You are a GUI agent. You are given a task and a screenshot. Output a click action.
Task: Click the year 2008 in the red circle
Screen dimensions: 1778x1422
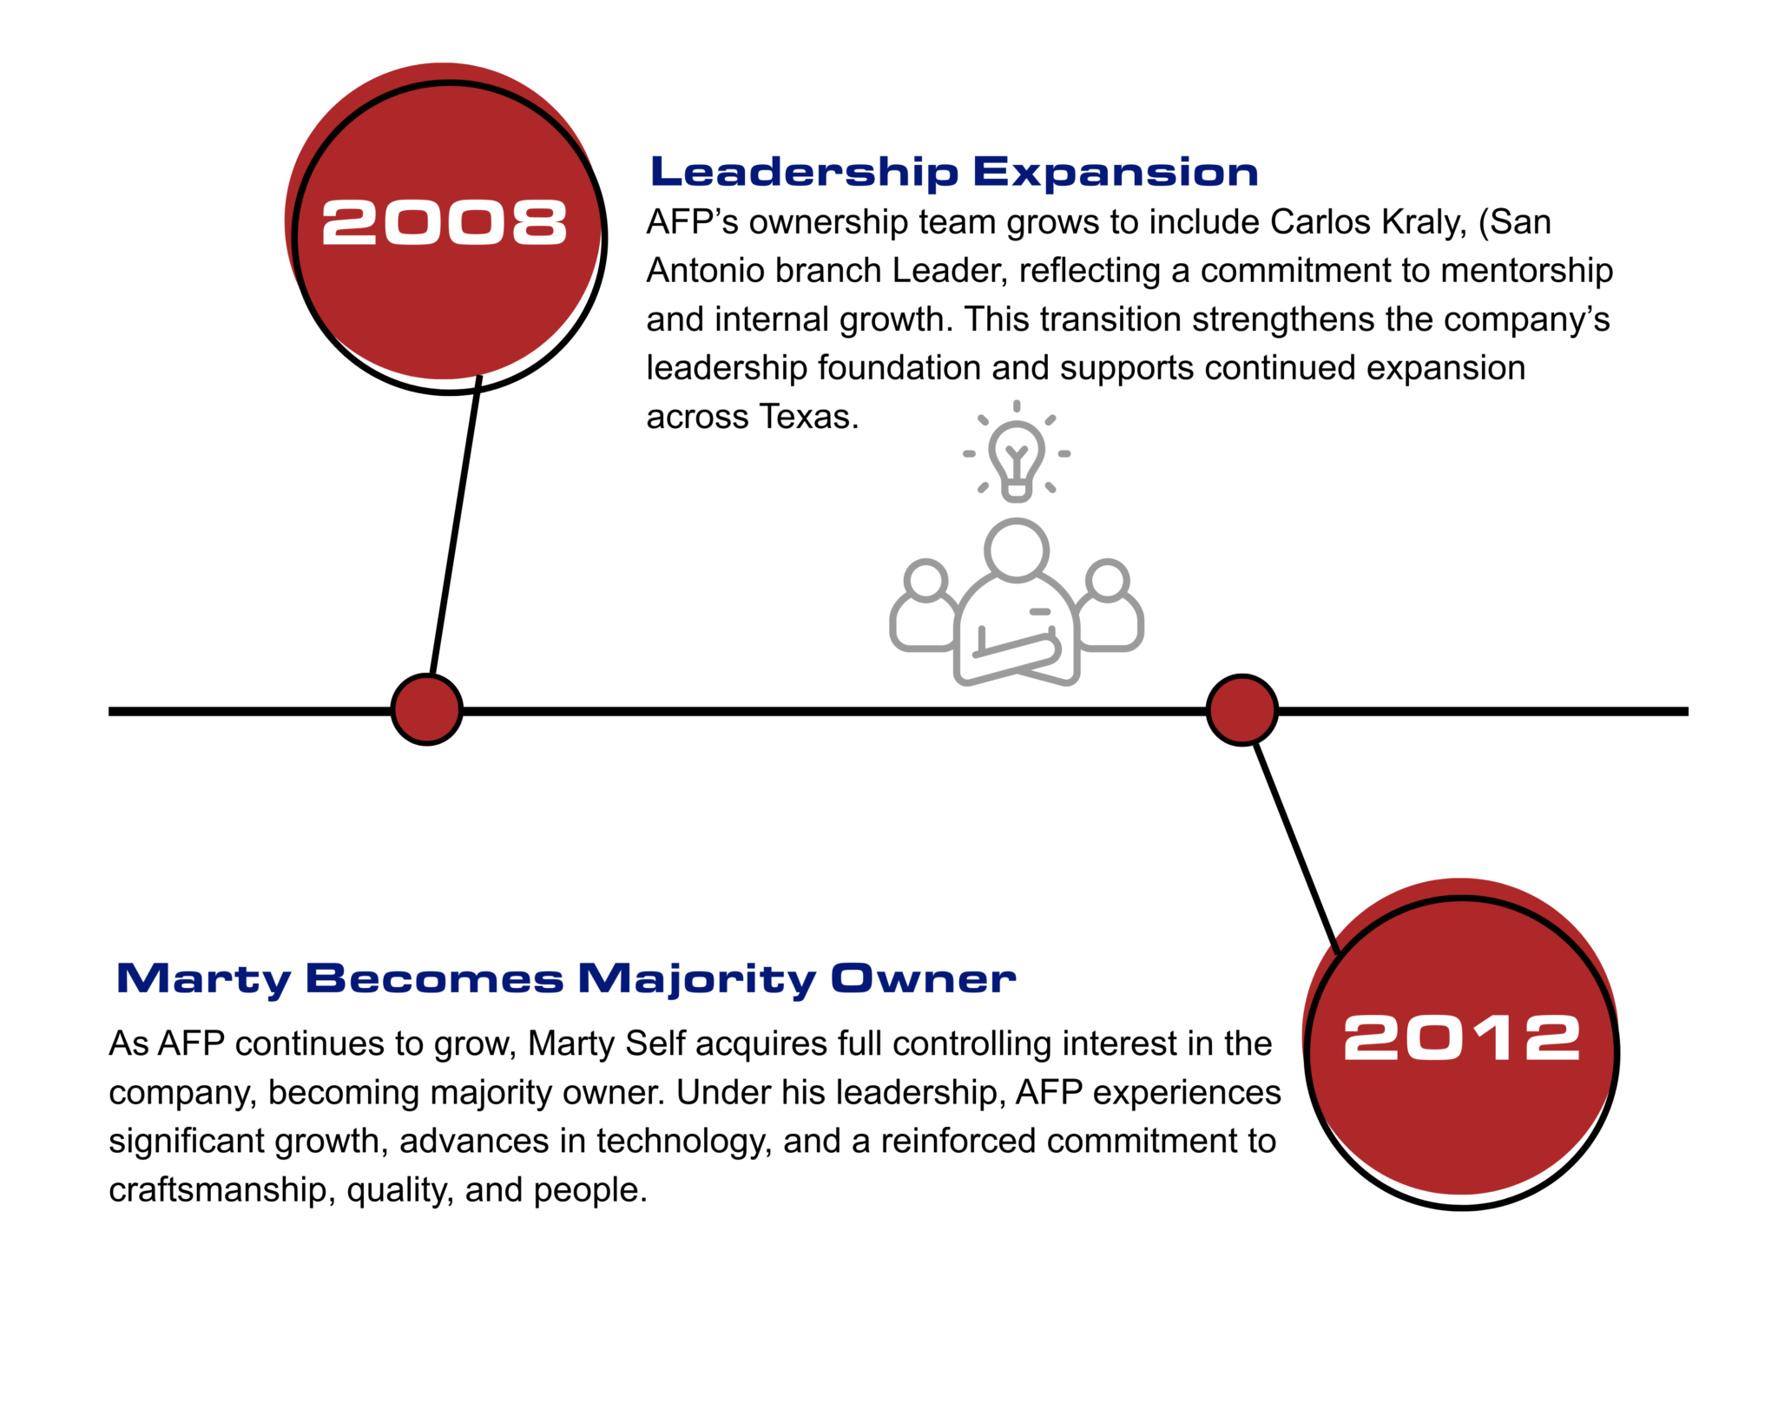coord(444,222)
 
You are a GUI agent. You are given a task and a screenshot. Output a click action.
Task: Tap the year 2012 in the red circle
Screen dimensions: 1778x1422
coord(1462,1037)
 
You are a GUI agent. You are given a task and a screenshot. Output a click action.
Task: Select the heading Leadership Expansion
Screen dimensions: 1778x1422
coord(954,172)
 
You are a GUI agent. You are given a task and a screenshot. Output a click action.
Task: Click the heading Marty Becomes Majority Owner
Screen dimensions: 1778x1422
coord(566,979)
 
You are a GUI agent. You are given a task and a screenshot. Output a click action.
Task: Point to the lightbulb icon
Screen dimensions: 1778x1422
coord(1017,451)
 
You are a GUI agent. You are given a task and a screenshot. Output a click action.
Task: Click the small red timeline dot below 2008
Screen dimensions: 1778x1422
coord(426,709)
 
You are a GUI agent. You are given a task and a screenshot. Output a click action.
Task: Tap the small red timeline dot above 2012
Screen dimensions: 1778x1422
coord(1242,709)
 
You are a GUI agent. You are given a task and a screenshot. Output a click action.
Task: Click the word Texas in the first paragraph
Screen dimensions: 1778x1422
coord(809,417)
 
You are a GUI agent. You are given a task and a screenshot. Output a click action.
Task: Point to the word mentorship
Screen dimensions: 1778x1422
coord(1527,272)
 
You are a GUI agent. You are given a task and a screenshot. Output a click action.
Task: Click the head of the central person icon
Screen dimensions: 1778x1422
coord(1017,550)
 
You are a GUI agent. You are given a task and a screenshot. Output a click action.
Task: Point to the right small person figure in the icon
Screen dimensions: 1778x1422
coord(1110,607)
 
